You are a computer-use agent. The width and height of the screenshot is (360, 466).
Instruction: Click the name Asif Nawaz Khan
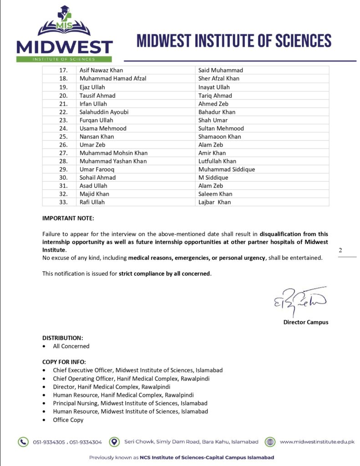[101, 70]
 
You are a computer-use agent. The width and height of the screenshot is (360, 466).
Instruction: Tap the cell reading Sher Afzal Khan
[218, 78]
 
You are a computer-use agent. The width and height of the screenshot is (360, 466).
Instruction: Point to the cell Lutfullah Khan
[217, 161]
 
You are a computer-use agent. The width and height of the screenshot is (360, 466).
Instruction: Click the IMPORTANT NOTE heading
[68, 218]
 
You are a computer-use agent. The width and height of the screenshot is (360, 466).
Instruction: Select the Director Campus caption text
[305, 322]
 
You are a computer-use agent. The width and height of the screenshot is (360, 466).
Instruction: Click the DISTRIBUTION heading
[63, 338]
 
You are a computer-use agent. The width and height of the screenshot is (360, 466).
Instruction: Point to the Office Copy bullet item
[68, 420]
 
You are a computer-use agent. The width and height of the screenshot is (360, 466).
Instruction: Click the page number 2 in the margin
[340, 250]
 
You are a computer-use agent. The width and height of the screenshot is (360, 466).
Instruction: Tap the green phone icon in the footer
[23, 441]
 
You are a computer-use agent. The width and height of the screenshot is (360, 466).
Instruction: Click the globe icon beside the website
[270, 441]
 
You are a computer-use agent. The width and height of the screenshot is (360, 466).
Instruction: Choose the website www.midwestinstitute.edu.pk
[317, 441]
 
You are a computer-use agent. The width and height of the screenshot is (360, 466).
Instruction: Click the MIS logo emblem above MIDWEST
[64, 23]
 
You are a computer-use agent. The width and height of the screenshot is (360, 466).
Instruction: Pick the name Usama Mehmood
[103, 128]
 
